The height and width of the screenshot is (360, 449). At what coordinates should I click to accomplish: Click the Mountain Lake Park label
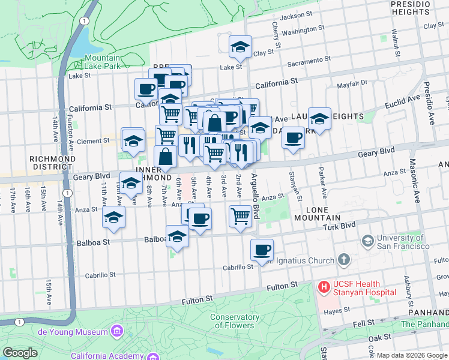(103, 62)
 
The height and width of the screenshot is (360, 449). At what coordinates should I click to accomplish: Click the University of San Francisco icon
(367, 241)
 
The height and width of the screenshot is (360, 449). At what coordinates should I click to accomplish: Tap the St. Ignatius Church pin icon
(343, 260)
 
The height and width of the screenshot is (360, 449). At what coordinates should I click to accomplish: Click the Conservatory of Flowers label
(235, 322)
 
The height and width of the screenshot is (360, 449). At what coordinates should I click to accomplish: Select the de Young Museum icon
(116, 331)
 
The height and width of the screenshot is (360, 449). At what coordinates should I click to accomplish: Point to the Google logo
(20, 353)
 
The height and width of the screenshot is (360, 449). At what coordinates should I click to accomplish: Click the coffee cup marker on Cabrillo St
(261, 250)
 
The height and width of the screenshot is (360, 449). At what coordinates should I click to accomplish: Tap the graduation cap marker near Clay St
(240, 47)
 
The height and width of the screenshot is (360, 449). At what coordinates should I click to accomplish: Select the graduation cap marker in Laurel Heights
(320, 118)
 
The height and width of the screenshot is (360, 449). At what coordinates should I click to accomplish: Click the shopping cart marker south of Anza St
(240, 215)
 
